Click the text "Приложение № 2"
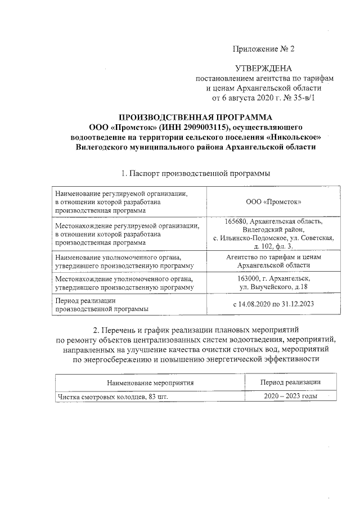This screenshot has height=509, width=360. click(x=264, y=49)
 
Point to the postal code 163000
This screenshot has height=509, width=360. click(x=250, y=278)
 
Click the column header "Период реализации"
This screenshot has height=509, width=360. click(x=291, y=382)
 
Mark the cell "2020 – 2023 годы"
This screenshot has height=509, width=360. click(x=291, y=397)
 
